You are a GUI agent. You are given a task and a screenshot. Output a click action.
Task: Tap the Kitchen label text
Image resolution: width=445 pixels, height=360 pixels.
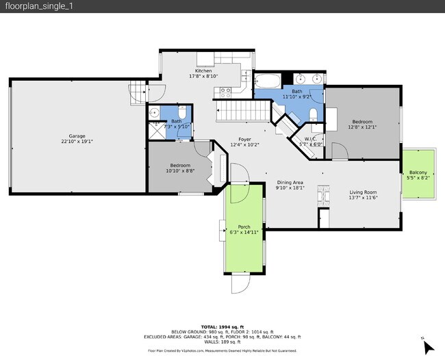pos(203,71)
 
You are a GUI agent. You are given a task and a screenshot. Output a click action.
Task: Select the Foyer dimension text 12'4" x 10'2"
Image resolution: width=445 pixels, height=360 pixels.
pos(244,144)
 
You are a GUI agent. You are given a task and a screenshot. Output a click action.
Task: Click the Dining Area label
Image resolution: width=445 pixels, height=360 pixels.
pos(290,182)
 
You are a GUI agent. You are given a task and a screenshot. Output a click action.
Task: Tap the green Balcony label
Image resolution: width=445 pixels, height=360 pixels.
pos(418,172)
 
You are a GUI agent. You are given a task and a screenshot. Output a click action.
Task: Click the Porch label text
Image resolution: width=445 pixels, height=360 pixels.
pos(244,227)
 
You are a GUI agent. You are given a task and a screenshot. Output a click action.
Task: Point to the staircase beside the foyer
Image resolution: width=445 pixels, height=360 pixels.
pos(243,108)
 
